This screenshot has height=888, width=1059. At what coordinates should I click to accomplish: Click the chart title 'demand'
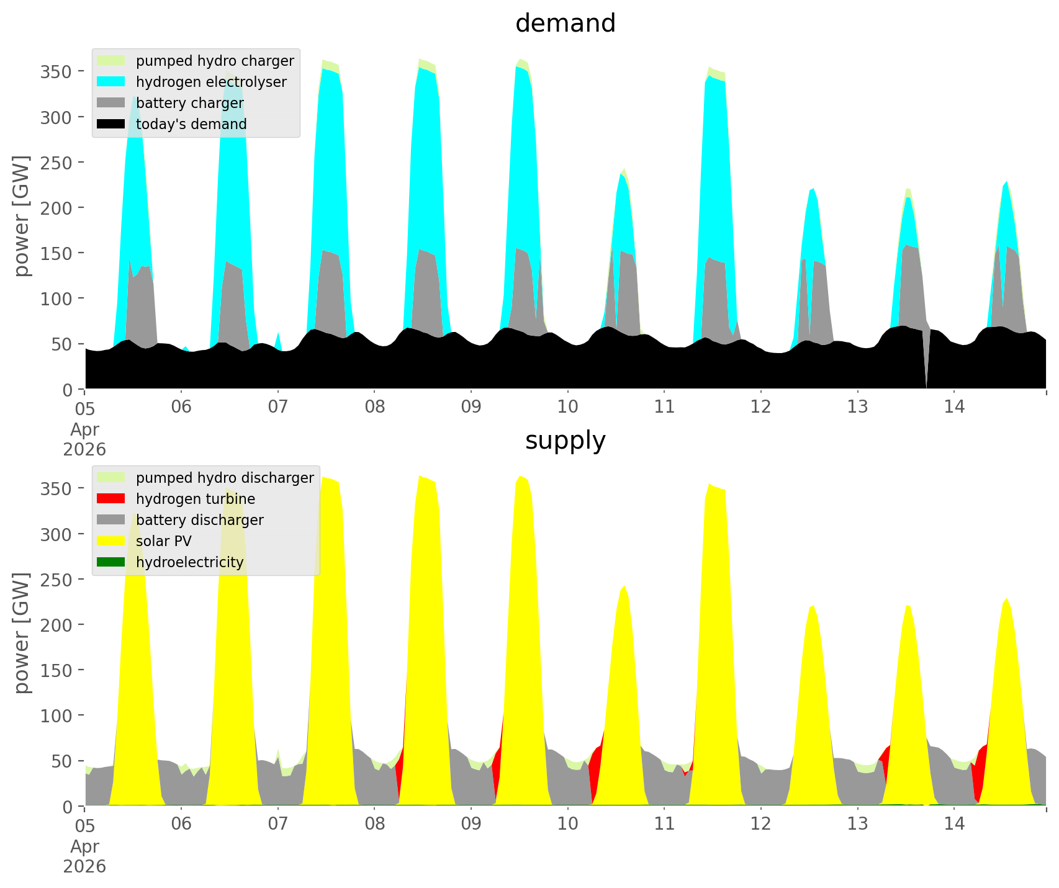(x=565, y=24)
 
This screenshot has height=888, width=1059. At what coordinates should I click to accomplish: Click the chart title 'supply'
(x=565, y=441)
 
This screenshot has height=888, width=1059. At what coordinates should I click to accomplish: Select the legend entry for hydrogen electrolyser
(x=210, y=82)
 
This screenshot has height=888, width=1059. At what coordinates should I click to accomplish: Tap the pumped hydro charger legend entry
(x=214, y=61)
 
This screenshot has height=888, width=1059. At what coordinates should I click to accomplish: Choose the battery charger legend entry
(x=189, y=103)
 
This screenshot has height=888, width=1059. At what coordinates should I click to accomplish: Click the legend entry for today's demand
(x=191, y=124)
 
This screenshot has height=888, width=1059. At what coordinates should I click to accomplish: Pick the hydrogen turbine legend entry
(x=195, y=499)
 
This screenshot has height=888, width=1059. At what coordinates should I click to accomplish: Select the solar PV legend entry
(x=163, y=541)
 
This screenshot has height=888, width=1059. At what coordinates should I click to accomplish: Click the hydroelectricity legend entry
(x=189, y=562)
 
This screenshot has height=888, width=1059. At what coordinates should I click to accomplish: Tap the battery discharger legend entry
(x=199, y=520)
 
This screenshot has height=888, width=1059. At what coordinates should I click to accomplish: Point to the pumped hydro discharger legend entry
(x=224, y=478)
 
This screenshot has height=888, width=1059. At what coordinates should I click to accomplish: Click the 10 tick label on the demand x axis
(x=567, y=407)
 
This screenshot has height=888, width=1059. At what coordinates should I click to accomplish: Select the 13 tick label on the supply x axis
(x=857, y=824)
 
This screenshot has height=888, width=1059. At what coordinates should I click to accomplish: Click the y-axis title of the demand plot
(x=22, y=216)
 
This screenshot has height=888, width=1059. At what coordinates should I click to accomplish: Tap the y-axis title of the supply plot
(x=22, y=633)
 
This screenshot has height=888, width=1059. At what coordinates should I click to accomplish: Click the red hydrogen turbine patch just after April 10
(x=597, y=769)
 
